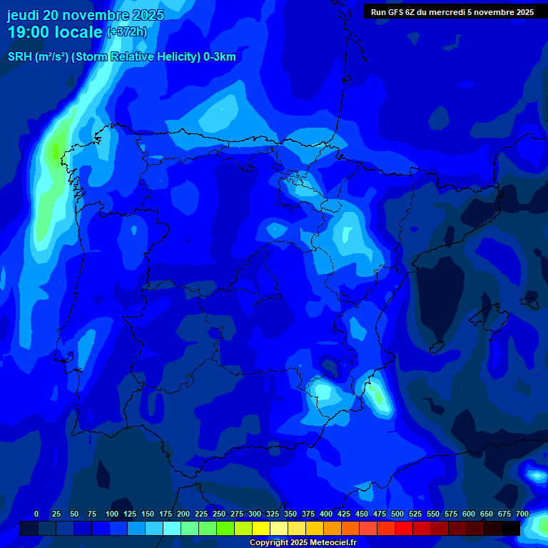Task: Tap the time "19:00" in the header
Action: (29, 32)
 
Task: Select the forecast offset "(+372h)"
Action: (126, 32)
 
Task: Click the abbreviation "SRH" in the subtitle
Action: (21, 57)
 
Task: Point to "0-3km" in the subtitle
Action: (219, 57)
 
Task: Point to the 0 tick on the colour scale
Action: (36, 514)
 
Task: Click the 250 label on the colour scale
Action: (219, 514)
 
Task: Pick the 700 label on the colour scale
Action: (522, 514)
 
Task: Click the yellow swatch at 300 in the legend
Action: (261, 528)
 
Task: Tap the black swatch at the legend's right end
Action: (511, 528)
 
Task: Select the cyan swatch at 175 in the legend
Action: (172, 528)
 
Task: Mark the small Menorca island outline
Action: (529, 302)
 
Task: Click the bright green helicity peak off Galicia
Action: (54, 151)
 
